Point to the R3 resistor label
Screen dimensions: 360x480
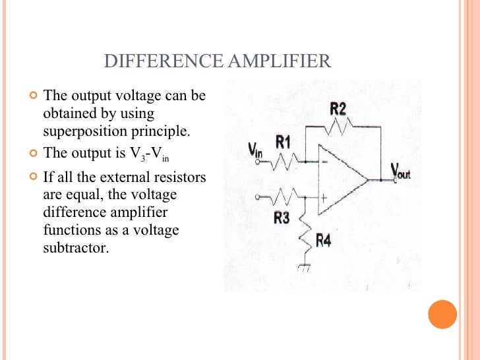(x=282, y=218)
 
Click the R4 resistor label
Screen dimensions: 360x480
(x=323, y=241)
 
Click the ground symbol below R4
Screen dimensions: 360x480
(x=305, y=268)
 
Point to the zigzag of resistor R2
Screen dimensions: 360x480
(x=340, y=125)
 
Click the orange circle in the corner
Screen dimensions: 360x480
(x=442, y=315)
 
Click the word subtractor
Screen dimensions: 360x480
(x=75, y=249)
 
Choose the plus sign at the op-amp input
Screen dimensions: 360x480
(x=324, y=196)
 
